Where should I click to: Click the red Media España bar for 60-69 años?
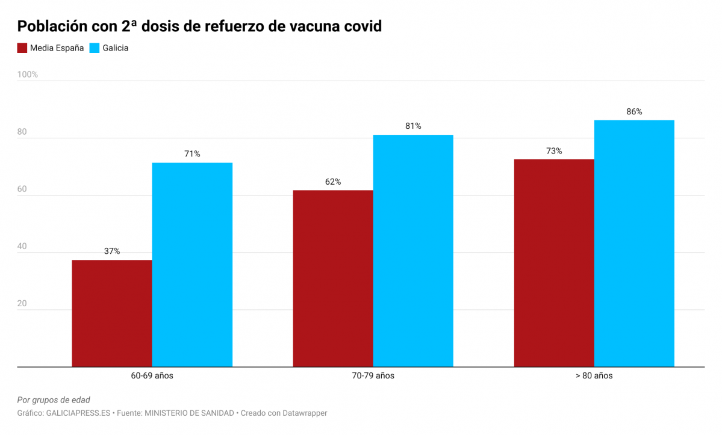tap(112, 313)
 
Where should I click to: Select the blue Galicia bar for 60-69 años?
tap(192, 265)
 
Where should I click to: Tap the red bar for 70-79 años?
tap(333, 278)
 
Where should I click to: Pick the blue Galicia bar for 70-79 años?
tap(413, 250)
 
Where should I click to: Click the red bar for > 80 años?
tap(554, 262)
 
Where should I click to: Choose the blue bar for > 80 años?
tap(634, 243)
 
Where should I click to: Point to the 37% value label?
tap(112, 251)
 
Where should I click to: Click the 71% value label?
tap(192, 154)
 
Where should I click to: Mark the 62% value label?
tap(333, 182)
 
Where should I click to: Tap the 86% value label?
tap(634, 112)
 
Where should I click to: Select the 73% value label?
tap(554, 151)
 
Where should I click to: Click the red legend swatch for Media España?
tap(22, 48)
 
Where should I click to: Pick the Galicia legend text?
tap(115, 48)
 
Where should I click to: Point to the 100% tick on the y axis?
tap(27, 75)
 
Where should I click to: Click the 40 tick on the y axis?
tap(22, 246)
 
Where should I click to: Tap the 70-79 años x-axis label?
tap(373, 375)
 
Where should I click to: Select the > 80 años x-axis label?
tap(594, 375)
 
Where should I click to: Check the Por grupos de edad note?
tap(54, 400)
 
